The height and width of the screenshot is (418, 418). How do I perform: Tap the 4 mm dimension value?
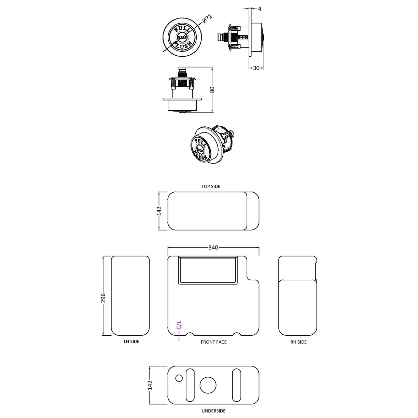tap(260, 9)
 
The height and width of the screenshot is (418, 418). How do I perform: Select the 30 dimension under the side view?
tap(256, 68)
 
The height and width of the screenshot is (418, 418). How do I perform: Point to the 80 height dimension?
tap(212, 89)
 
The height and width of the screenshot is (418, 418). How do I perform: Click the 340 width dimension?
tap(213, 247)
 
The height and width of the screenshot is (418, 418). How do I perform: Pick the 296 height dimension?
tap(103, 297)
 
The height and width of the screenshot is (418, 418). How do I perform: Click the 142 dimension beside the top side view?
tap(159, 211)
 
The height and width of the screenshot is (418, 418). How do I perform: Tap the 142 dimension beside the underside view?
tap(150, 385)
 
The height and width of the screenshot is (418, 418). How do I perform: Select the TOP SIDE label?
tap(211, 186)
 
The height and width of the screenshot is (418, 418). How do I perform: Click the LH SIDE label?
tap(131, 342)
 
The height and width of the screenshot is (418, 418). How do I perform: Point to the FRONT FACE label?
tap(213, 342)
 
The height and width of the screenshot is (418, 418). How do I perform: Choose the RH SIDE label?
tap(298, 342)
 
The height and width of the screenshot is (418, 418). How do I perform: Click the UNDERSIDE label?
tap(213, 411)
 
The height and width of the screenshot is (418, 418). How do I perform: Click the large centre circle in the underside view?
tap(208, 385)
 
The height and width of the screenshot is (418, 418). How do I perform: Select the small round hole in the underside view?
tap(179, 378)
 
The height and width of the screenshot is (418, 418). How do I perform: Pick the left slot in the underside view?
tap(190, 385)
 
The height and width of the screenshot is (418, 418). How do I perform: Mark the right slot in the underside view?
tap(236, 385)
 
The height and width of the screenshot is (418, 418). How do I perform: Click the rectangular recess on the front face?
tap(208, 270)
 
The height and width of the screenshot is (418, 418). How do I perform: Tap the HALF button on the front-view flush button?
tap(181, 37)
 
